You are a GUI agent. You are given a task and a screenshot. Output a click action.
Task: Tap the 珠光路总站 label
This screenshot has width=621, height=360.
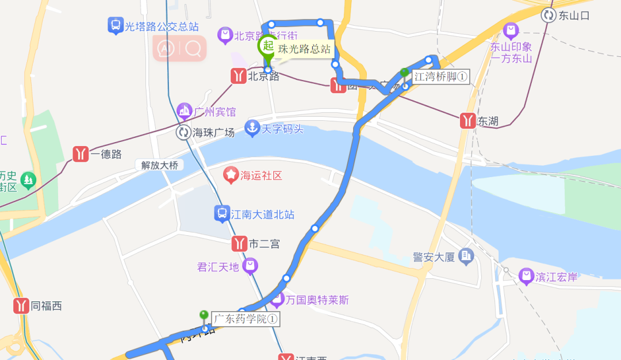click(304, 49)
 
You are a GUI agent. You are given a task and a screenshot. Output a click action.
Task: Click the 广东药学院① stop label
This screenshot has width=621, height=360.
click(246, 319)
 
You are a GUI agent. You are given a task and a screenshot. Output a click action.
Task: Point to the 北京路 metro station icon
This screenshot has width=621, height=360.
click(238, 76)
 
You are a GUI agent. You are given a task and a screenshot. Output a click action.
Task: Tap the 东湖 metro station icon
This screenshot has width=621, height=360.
click(468, 121)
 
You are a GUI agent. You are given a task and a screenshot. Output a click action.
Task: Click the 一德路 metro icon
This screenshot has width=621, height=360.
click(80, 154)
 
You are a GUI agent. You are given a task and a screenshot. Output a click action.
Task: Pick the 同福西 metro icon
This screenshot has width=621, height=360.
click(22, 305)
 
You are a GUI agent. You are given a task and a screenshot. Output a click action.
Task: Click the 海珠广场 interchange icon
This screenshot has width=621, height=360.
click(183, 132)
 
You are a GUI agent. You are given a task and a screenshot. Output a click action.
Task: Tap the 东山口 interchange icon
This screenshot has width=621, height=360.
click(549, 16)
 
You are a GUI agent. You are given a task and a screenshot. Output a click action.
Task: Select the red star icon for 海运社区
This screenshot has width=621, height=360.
click(231, 175)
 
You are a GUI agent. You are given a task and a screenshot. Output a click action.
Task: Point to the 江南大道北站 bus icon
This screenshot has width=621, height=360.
click(221, 214)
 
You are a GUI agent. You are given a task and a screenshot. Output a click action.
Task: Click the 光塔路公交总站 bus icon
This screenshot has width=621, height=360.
click(116, 25)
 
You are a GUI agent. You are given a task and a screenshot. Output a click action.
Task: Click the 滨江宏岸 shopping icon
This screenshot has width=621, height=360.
click(526, 277)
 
